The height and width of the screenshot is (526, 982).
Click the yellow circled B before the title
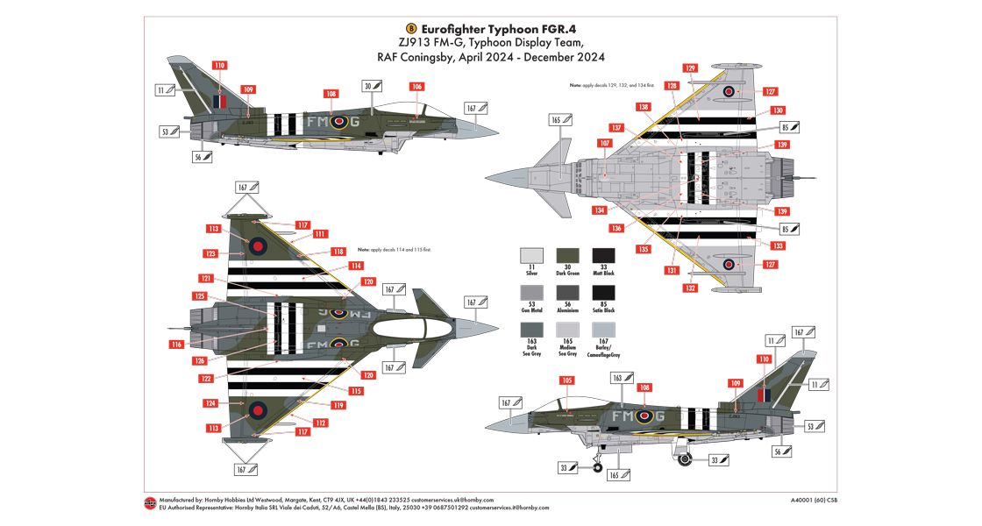click(412, 27)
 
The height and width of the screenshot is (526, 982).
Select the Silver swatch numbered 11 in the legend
click(531, 257)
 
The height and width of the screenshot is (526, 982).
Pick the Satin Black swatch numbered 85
click(604, 295)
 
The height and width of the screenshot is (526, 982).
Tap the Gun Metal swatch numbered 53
click(531, 295)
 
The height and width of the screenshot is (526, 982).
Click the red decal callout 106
click(416, 87)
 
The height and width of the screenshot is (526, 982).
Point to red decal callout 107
click(603, 144)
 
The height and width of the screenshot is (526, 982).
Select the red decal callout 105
click(567, 380)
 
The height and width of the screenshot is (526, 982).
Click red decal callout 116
click(177, 345)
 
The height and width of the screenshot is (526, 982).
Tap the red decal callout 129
click(690, 68)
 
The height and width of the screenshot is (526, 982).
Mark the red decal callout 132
click(690, 288)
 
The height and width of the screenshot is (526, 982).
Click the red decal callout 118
click(338, 252)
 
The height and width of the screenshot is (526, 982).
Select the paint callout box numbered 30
click(373, 86)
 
